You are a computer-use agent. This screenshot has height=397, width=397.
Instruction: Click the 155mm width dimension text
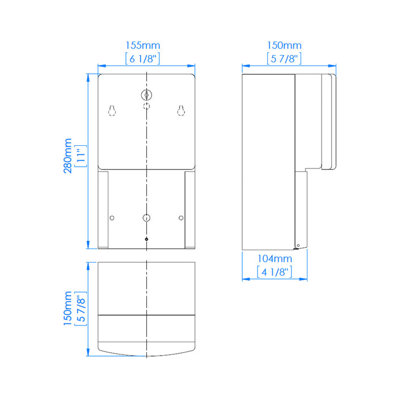click(146, 45)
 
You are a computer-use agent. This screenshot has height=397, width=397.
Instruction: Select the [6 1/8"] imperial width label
click(146, 57)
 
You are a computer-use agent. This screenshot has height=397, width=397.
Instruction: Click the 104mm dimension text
click(274, 259)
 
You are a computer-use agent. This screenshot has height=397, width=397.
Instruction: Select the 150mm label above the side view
click(284, 45)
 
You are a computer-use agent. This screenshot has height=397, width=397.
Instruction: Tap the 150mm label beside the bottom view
click(68, 309)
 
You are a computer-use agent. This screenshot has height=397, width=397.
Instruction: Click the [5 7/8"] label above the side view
click(284, 57)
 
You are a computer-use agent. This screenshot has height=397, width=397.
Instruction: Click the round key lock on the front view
click(146, 95)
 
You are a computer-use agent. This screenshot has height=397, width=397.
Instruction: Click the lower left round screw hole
click(112, 218)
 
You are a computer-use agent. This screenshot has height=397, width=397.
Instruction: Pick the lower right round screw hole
click(181, 218)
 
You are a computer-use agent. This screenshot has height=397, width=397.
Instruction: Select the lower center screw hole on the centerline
click(146, 218)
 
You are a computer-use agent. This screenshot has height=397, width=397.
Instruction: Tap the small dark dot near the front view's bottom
click(146, 239)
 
